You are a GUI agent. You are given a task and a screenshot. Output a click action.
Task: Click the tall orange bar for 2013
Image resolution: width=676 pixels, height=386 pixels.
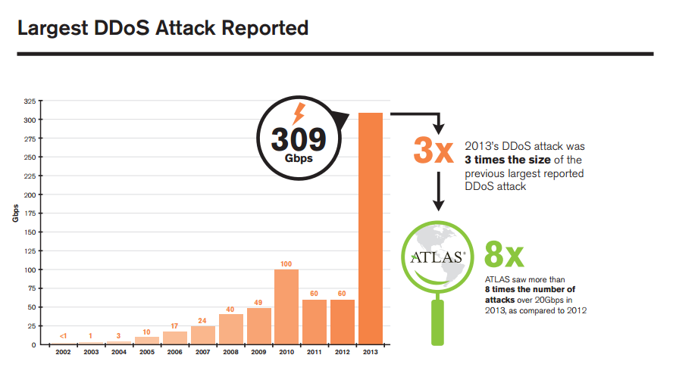[x=371, y=227]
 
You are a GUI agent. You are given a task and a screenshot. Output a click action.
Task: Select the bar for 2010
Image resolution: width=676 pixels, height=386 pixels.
[x=286, y=307]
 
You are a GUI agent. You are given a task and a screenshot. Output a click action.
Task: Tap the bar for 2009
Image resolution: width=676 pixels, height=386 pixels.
[x=258, y=325]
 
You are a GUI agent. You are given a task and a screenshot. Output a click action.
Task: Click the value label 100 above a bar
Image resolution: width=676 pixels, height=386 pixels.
[x=286, y=263]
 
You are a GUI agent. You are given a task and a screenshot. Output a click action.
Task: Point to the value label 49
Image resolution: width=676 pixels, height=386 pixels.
[x=258, y=302]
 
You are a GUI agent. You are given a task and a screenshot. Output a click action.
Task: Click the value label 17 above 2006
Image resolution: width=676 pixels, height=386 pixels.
[x=174, y=325]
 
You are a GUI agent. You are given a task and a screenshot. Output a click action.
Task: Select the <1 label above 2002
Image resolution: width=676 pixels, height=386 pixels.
[x=63, y=335]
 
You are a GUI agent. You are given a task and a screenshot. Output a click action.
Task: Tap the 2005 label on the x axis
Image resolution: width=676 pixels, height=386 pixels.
[x=147, y=353]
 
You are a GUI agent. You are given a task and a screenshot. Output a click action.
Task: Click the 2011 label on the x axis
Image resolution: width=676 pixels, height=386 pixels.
[x=315, y=353]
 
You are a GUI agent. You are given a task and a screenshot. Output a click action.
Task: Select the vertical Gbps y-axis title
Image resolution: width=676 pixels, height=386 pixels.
[x=16, y=214]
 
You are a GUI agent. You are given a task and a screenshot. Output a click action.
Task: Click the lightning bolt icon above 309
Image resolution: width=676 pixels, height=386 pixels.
[x=298, y=114]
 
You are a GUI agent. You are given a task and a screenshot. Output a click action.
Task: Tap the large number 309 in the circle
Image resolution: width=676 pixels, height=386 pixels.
[x=299, y=139]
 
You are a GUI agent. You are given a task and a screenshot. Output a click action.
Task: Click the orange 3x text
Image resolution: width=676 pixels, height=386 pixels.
[x=433, y=149]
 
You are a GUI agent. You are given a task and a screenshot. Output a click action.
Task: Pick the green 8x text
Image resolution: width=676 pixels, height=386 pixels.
[x=504, y=256]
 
